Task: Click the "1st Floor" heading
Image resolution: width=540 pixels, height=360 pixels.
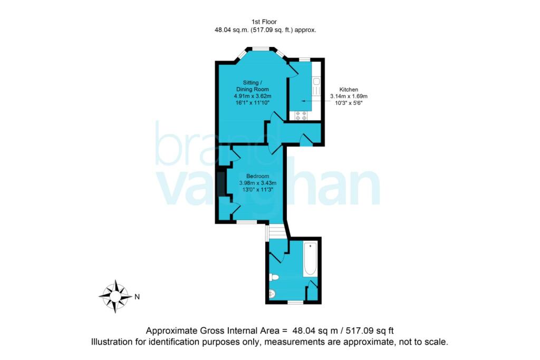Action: point(264,22)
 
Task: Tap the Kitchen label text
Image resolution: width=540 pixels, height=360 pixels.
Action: point(349,90)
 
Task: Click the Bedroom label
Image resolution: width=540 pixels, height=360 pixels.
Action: point(257,176)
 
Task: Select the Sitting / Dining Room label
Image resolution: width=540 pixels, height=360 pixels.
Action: point(253,86)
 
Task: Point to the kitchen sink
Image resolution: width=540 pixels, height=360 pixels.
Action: point(316,86)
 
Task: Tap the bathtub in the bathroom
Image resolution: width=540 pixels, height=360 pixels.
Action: point(310,259)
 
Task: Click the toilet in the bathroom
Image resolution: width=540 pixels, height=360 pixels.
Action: point(274,277)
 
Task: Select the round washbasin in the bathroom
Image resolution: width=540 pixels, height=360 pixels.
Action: point(272,294)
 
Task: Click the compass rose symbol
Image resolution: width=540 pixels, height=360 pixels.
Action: point(115,296)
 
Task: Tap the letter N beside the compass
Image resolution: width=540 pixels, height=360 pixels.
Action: point(137,297)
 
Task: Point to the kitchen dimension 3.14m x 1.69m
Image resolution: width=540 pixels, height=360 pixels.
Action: point(349,96)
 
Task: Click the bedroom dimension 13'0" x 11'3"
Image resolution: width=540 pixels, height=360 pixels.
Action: point(257,189)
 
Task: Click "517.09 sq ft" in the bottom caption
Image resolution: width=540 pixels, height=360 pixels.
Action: point(370,330)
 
